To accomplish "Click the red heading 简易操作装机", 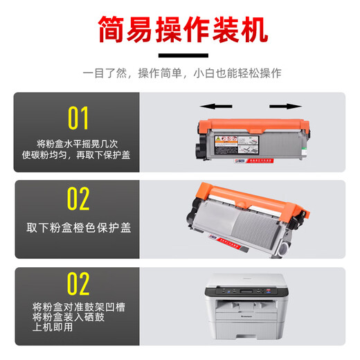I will pos(179,30).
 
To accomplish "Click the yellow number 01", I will pos(78,118).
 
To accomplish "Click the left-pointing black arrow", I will pos(214,107).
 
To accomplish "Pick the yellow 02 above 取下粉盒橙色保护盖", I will pos(78,199).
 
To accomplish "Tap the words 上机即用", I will pos(53,329).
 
